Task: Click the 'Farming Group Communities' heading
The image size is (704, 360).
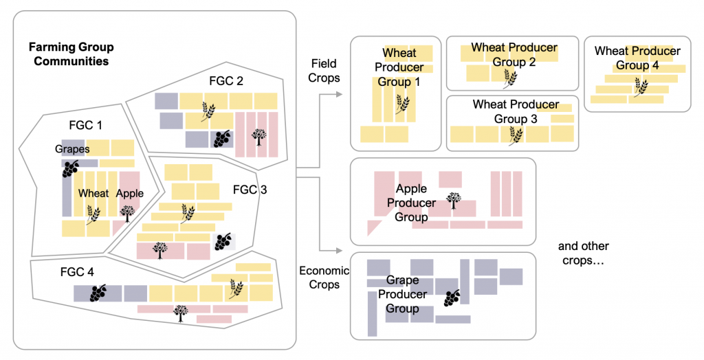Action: (x=71, y=54)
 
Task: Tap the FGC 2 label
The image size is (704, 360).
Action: (x=226, y=81)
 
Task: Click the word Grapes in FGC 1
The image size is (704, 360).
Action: (x=73, y=149)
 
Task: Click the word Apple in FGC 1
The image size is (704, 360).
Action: (x=129, y=193)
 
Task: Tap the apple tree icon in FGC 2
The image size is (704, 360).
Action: (x=259, y=135)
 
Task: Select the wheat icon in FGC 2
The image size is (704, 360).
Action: (x=208, y=110)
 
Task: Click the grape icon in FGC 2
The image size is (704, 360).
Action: (x=221, y=138)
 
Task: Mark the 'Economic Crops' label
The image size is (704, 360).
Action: (x=324, y=278)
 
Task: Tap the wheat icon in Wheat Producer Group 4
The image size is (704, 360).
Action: (x=640, y=87)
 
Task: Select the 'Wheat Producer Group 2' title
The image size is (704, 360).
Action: (x=514, y=55)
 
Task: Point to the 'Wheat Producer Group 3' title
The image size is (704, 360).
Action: (x=516, y=112)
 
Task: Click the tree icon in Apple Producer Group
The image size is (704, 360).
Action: (x=454, y=201)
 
